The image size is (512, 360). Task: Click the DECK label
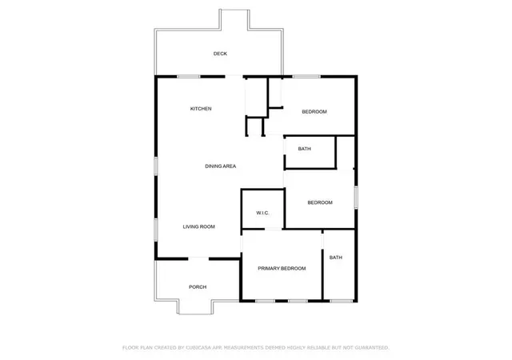point(220,54)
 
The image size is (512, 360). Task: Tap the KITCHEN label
point(201,109)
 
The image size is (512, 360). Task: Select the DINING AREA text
point(221,166)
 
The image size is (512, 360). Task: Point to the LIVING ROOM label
point(199,226)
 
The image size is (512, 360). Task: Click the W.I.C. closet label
point(262,213)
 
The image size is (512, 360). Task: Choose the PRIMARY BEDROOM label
point(282,269)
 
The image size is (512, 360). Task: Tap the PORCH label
point(198,287)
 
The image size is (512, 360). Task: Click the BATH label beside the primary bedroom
point(336,258)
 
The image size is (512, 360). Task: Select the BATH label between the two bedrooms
point(304,149)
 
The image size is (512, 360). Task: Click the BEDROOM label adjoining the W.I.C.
point(320,202)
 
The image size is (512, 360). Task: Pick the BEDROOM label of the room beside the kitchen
point(314,112)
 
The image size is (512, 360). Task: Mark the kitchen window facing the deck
point(189,77)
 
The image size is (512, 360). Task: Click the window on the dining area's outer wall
point(156,166)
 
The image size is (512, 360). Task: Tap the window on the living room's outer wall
point(156,230)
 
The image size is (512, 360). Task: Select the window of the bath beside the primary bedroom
point(342,301)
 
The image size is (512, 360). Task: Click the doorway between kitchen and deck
point(234,77)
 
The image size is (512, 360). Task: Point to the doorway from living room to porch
point(198,258)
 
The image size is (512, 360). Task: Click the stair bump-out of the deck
point(234,20)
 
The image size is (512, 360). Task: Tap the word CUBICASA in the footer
point(198,347)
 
